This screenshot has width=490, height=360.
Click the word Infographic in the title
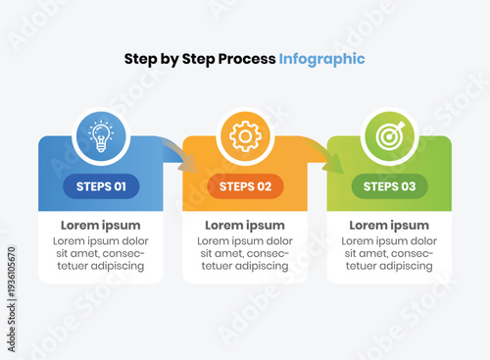tap(321, 59)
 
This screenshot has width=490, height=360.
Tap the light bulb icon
tap(101, 135)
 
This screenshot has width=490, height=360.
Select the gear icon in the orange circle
tap(244, 135)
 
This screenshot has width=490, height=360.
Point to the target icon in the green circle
tap(389, 135)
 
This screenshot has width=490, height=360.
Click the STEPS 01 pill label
tap(101, 186)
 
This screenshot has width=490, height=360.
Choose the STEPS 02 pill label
tap(245, 186)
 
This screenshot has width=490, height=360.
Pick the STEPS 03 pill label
tap(389, 186)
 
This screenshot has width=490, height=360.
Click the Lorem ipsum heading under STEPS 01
tap(101, 225)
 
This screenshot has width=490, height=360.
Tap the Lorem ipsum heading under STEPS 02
tap(245, 225)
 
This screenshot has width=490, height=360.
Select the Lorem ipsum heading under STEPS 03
tap(389, 225)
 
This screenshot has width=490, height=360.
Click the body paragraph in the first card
tap(101, 253)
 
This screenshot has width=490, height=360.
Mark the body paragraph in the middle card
tap(245, 253)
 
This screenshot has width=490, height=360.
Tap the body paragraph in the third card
tap(389, 253)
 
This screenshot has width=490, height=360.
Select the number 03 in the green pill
tap(408, 186)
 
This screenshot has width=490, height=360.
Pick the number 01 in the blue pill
tap(120, 186)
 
